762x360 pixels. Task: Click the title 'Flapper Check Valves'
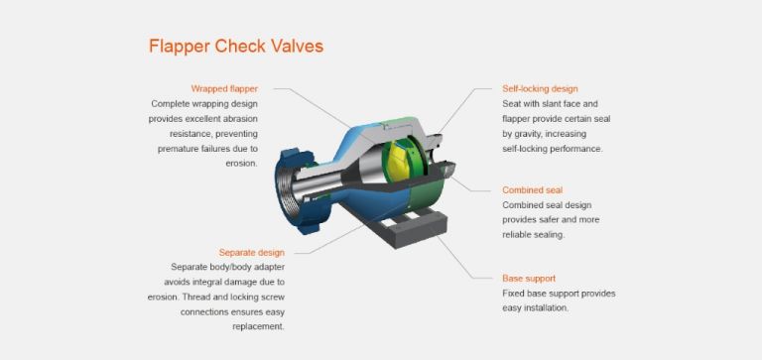pos(235,46)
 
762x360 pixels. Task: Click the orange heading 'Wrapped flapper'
pos(224,88)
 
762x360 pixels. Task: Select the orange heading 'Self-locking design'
pos(540,88)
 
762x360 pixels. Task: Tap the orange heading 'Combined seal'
pos(533,189)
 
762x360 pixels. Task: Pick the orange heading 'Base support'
pos(529,279)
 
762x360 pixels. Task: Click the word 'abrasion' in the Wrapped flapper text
pos(236,118)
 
